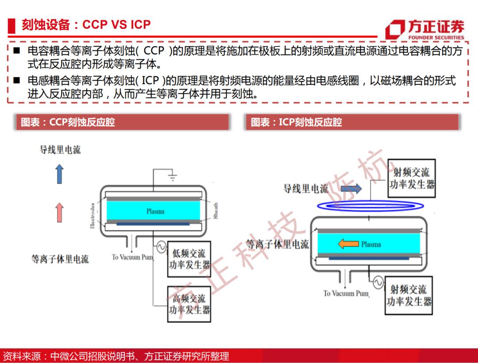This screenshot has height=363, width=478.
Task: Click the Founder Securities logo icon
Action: click(x=395, y=30)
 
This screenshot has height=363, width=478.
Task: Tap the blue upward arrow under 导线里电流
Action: click(x=59, y=174)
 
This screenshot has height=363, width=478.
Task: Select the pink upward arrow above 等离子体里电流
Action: click(x=59, y=212)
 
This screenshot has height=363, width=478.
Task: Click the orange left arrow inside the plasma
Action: click(x=348, y=244)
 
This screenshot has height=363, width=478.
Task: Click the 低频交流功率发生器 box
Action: click(x=189, y=259)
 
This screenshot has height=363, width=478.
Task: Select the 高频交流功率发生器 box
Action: click(x=189, y=304)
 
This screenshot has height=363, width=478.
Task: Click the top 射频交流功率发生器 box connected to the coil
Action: click(x=411, y=178)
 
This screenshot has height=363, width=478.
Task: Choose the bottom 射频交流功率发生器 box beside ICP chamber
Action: click(x=409, y=295)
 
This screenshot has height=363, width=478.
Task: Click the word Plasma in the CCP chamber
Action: click(x=155, y=211)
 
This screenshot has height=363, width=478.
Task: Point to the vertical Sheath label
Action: click(x=216, y=211)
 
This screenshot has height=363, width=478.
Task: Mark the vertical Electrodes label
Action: click(x=93, y=216)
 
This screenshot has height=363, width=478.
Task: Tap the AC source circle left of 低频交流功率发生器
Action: click(x=161, y=247)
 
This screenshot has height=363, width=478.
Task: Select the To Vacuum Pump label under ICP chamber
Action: click(x=346, y=293)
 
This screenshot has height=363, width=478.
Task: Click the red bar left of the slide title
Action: click(x=12, y=26)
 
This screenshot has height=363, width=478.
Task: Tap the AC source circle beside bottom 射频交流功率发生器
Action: click(x=378, y=282)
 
